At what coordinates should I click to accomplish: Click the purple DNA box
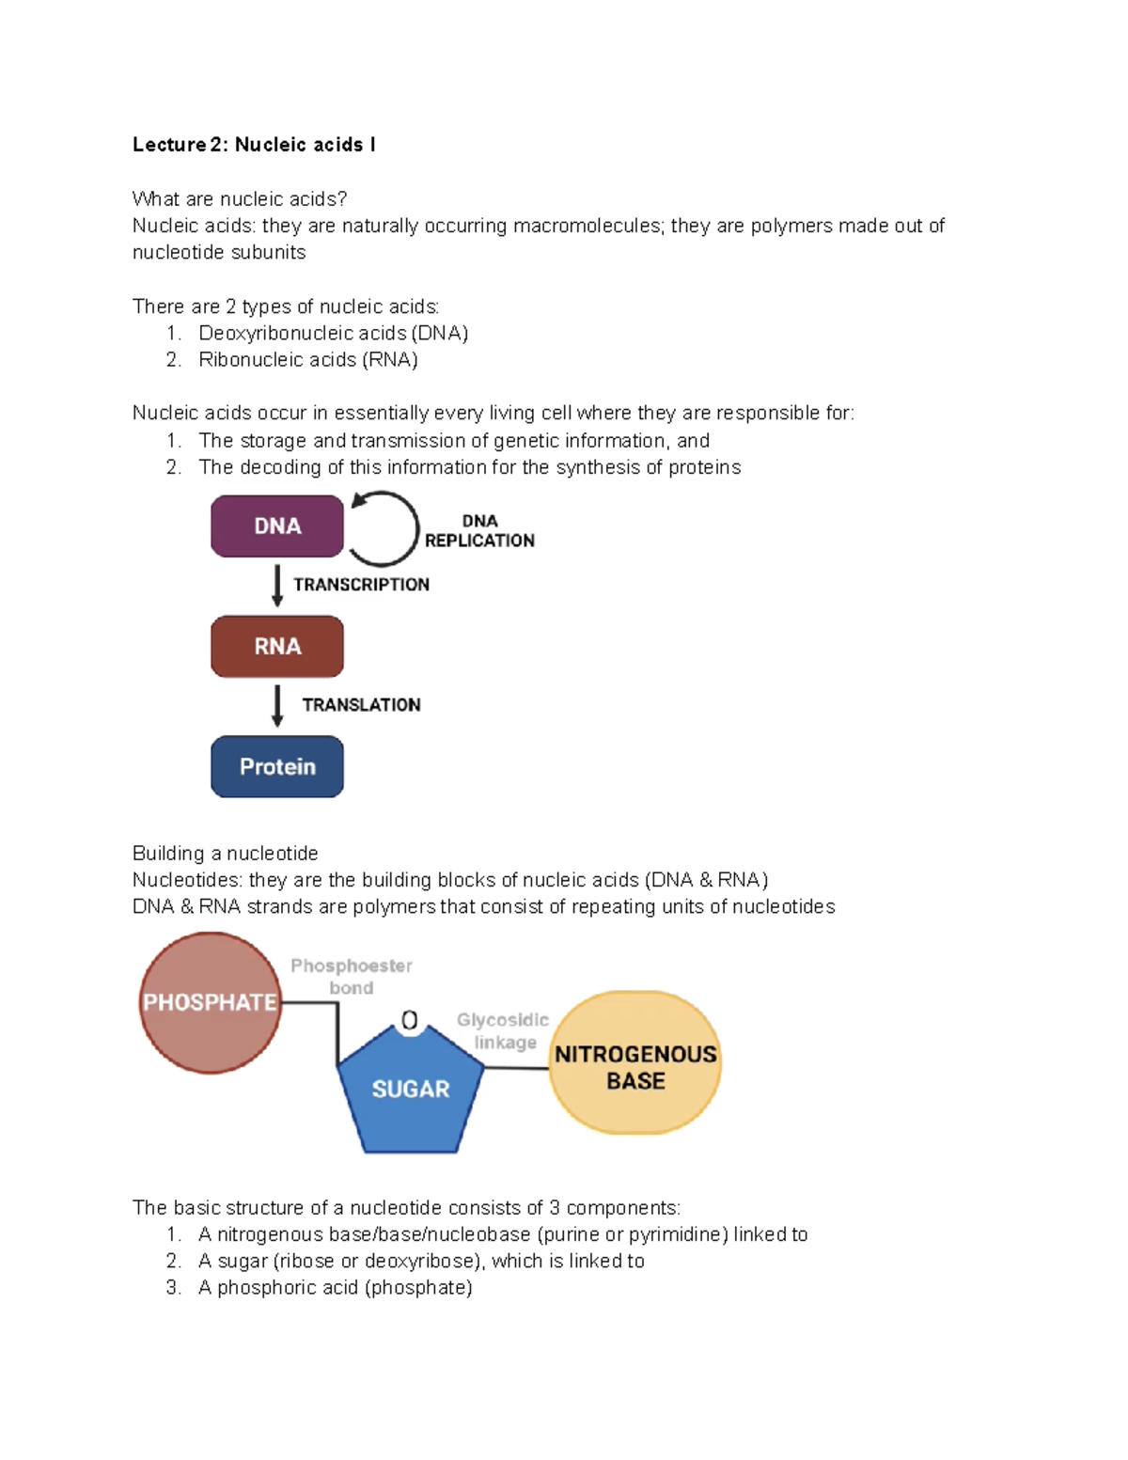coord(276,526)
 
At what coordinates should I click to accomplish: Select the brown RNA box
coord(276,647)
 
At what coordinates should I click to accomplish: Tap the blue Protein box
coord(276,767)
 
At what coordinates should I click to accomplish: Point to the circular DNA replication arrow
coord(386,528)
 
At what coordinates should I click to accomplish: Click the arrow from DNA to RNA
coord(277,585)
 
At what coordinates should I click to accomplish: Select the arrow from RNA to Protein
coord(277,705)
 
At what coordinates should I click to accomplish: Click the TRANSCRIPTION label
coord(361,585)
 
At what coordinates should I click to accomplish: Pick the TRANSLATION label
coord(361,705)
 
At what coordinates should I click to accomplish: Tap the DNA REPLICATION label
coord(479,531)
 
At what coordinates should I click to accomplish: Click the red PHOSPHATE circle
coord(210,1002)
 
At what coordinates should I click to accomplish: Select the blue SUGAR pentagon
coord(411,1091)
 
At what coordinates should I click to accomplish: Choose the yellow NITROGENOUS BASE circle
coord(635,1063)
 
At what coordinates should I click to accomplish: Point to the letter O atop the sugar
coord(410,1021)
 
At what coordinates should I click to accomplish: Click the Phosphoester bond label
coord(352,977)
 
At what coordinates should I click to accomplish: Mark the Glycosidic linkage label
coord(504,1031)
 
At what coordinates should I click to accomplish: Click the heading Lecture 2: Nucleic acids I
coord(254,145)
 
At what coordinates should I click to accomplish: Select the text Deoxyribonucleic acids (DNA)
coord(333,334)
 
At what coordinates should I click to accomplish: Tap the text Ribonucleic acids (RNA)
coord(308,360)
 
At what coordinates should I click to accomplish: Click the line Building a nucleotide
coord(226,854)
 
